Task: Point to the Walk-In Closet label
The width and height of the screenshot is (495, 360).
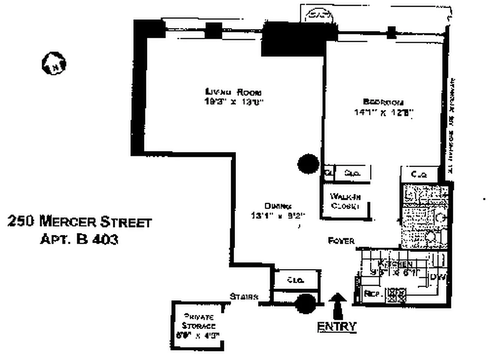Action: coord(345,201)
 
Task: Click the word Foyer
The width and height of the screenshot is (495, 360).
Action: coord(342,241)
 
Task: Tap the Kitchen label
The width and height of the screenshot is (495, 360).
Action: coord(395,264)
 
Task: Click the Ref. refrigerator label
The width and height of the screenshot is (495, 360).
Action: coord(373,293)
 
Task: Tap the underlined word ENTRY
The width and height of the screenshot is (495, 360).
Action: coord(337,326)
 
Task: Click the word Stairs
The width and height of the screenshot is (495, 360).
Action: coord(244,297)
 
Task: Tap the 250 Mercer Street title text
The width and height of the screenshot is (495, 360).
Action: coord(80,222)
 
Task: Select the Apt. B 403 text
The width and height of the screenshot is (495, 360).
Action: coord(79,239)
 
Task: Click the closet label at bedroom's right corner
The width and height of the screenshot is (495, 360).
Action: coord(419,174)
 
